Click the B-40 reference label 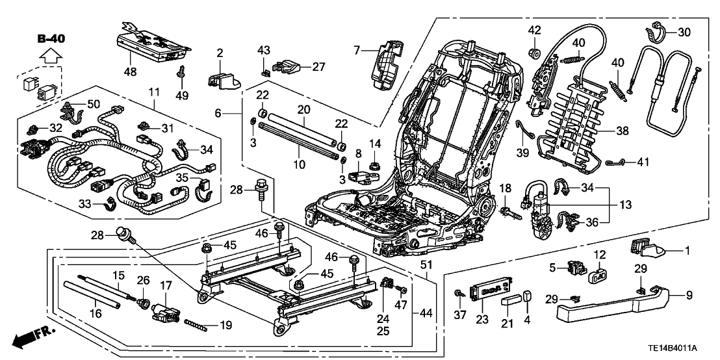[x=50, y=38]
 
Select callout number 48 [x=130, y=71]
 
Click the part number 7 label [x=357, y=49]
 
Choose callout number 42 [x=534, y=31]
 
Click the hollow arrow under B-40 [x=50, y=57]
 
